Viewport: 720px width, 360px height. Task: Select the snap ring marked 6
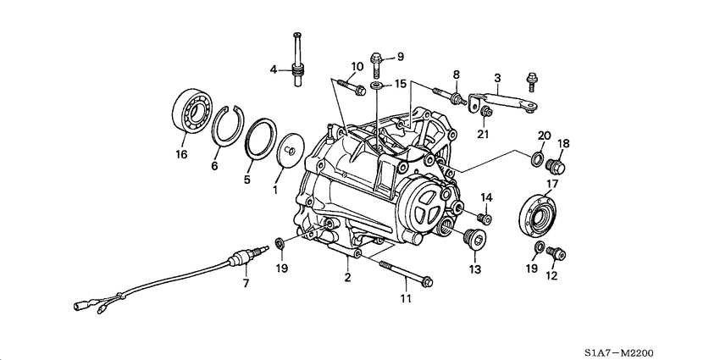coord(225,128)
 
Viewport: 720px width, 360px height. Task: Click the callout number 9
coord(401,57)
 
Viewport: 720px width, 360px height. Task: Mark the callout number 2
coord(347,278)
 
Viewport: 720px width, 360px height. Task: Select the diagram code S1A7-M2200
coord(621,352)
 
